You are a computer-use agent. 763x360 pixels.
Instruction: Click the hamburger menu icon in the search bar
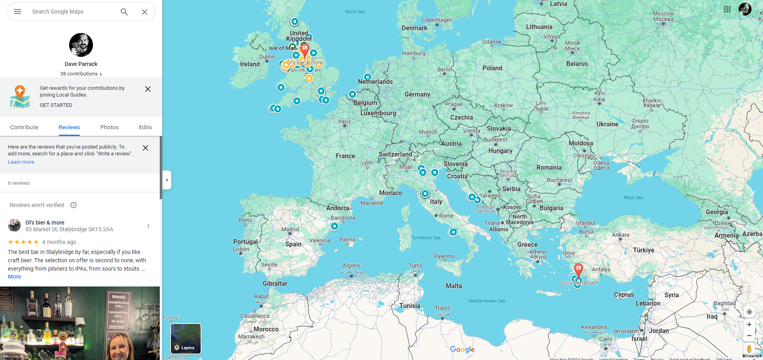point(17,12)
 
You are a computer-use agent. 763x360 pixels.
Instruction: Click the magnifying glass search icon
point(124,12)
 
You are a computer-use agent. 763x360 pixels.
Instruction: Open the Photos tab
point(109,127)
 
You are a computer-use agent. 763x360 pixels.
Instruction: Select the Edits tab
point(145,127)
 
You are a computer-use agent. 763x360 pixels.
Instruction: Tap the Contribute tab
point(24,127)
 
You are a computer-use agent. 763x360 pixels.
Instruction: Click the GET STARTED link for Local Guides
point(56,105)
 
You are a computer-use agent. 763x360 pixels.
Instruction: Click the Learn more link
point(21,162)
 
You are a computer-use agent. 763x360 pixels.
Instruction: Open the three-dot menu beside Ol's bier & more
point(148,226)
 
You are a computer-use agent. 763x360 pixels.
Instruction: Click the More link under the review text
point(14,277)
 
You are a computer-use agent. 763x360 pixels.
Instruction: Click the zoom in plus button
point(749,325)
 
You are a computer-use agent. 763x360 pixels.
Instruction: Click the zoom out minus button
point(749,336)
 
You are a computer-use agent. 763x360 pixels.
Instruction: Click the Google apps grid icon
point(727,9)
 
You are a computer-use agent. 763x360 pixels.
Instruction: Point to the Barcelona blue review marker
point(335,226)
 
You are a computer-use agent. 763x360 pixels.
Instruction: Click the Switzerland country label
point(395,155)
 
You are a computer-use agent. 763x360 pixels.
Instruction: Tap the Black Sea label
point(633,197)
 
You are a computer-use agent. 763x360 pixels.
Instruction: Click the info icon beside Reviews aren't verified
point(74,205)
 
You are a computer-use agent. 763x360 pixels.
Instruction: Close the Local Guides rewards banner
point(148,89)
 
